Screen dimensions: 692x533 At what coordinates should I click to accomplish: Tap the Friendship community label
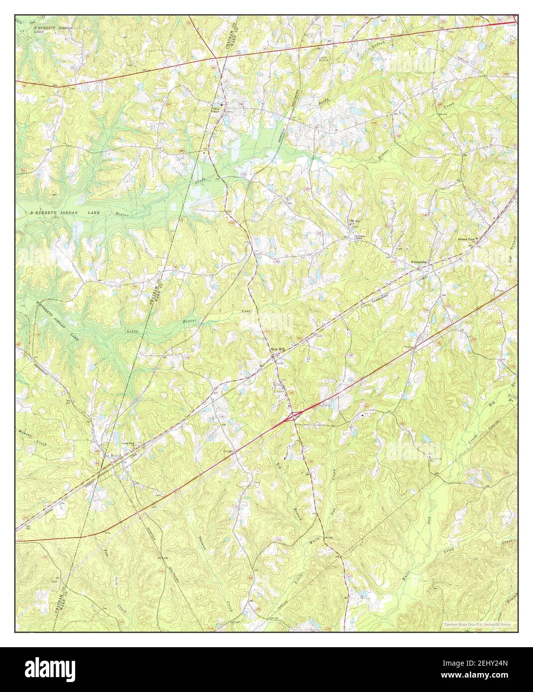[x=419, y=261]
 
